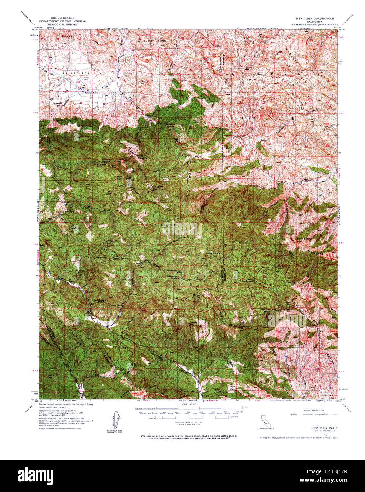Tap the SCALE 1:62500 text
click(x=189, y=404)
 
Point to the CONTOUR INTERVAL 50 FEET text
click(x=189, y=422)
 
